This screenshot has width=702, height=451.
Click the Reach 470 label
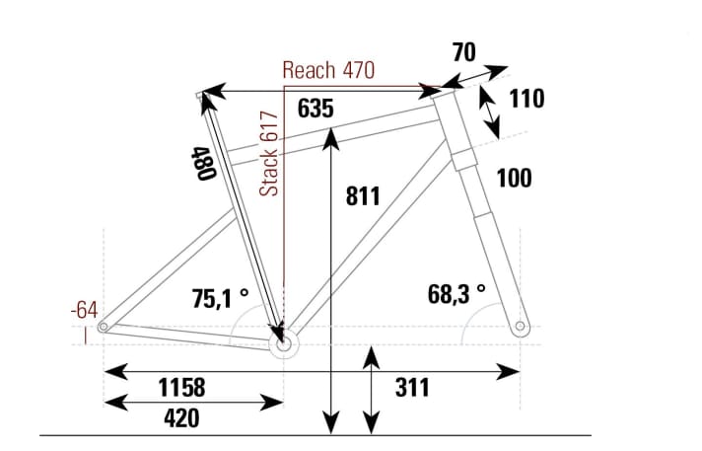327,70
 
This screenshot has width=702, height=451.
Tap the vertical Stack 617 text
269,153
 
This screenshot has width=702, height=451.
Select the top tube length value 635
315,109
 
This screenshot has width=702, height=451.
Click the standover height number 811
363,195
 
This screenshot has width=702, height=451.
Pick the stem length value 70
465,52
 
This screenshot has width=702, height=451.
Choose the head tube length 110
526,99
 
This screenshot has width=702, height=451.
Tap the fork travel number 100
514,178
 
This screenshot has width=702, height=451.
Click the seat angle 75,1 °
220,298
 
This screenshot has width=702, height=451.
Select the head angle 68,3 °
456,293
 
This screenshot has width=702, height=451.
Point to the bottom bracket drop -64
84,310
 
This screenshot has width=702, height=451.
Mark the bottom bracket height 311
412,387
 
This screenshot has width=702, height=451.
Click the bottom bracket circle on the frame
284,345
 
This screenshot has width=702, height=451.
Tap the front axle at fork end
521,326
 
